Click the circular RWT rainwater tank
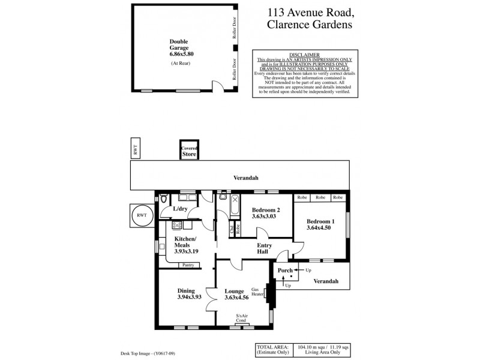point(142,214)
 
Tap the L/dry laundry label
point(181,209)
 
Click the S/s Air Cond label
point(242,319)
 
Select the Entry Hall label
point(264,249)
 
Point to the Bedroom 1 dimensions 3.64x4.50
point(319,228)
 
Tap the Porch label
point(286,270)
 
